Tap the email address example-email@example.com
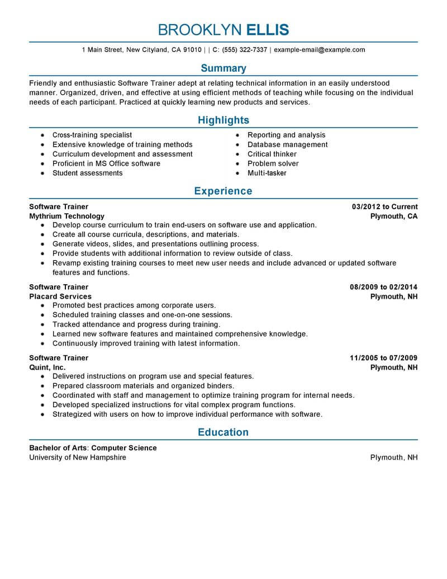click(320, 50)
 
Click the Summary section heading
click(223, 68)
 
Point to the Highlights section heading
click(223, 120)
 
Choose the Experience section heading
click(223, 191)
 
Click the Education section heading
click(223, 432)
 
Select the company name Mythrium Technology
click(66, 216)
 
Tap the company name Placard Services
click(60, 296)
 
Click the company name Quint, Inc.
click(47, 368)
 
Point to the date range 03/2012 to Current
click(384, 207)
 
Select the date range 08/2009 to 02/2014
click(383, 288)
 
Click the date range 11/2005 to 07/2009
click(383, 358)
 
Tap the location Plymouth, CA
click(394, 216)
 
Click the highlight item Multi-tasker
click(267, 173)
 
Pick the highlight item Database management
click(287, 145)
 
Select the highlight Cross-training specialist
click(92, 135)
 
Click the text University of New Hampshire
click(78, 458)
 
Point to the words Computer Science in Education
click(124, 448)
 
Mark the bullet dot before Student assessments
click(42, 173)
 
